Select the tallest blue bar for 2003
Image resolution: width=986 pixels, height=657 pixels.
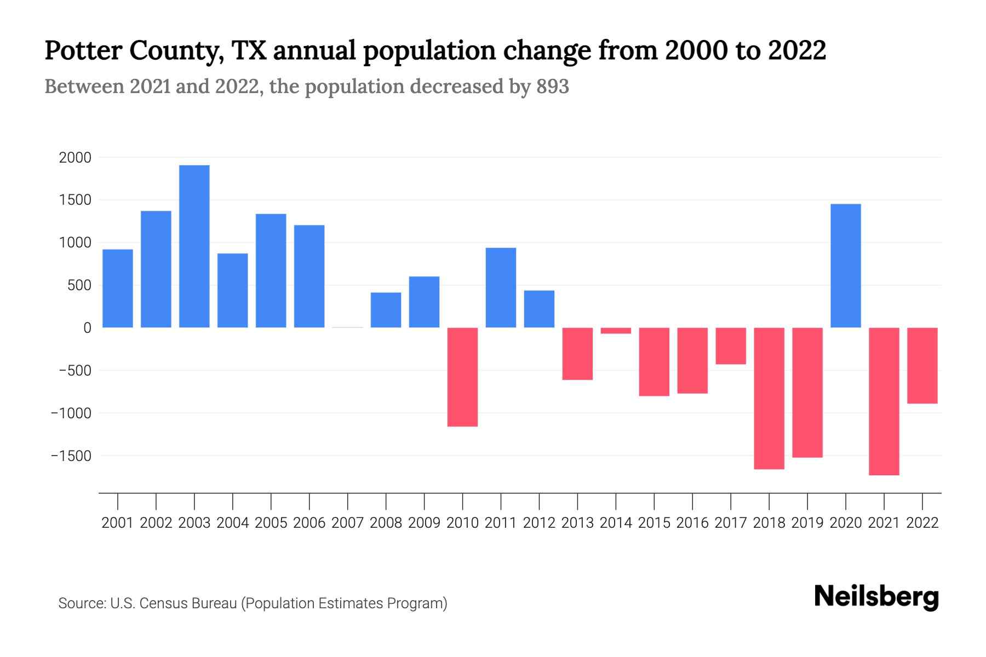pos(194,246)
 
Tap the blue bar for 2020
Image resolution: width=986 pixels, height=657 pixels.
pos(846,266)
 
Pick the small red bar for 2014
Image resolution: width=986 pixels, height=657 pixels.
pos(616,331)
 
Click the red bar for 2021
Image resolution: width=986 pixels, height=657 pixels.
pos(884,401)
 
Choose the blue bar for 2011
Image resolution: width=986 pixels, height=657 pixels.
pos(501,287)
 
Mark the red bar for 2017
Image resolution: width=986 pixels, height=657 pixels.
pos(731,345)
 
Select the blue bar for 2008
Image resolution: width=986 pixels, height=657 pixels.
pos(386,310)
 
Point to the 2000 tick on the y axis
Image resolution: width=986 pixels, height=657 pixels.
pos(75,158)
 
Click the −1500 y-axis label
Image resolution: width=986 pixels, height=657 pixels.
pos(71,456)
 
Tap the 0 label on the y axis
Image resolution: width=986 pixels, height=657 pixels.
pos(87,328)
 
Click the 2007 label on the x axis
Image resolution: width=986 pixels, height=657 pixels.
pos(347,523)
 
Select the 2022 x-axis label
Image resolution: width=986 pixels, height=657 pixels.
pos(922,523)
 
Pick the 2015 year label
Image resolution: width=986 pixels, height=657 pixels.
pos(654,523)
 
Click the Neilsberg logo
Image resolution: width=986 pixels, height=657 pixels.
pos(876,597)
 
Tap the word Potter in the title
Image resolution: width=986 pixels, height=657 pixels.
pos(82,50)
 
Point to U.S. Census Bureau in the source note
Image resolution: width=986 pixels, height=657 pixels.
pos(174,603)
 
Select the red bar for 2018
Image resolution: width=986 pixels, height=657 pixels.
pos(769,398)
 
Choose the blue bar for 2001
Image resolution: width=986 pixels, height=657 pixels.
pos(118,289)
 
